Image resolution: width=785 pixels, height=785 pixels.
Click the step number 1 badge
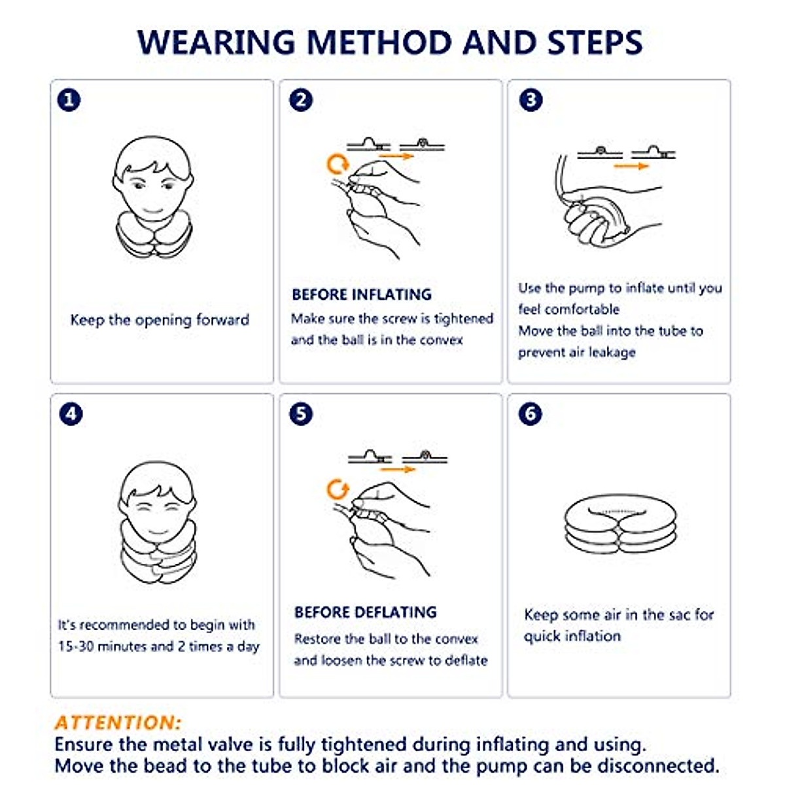tap(69, 100)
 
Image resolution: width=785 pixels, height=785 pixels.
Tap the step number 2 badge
tap(301, 100)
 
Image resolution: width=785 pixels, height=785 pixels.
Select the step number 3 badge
tap(531, 100)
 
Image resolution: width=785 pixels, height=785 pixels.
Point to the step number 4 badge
tap(71, 414)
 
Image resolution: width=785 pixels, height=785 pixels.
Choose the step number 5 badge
tap(301, 414)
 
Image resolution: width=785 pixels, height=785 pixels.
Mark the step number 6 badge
tap(531, 414)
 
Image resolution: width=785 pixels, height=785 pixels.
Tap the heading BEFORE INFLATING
tap(362, 294)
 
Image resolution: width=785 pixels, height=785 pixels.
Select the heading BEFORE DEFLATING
tap(366, 612)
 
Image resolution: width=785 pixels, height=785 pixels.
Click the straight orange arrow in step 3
tap(631, 166)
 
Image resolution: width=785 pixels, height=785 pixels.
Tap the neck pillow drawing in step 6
tap(620, 525)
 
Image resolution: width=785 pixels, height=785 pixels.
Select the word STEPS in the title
tap(595, 42)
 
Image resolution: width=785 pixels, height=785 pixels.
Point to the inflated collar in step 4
tap(159, 550)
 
